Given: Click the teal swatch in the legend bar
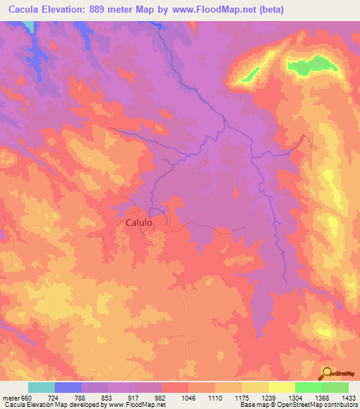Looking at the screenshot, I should pyautogui.click(x=41, y=387).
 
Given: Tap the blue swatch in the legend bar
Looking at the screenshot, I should pyautogui.click(x=68, y=387).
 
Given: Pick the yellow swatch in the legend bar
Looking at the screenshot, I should pyautogui.click(x=281, y=387).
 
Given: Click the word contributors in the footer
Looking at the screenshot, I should pyautogui.click(x=339, y=405).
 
